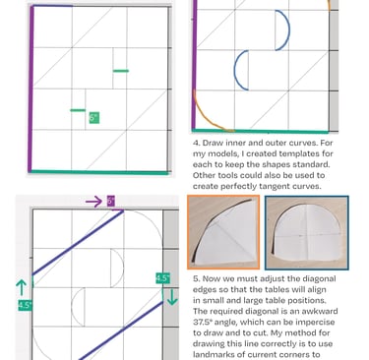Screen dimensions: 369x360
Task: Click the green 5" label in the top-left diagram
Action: (x=94, y=118)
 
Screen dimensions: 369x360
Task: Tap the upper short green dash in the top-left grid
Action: (x=121, y=71)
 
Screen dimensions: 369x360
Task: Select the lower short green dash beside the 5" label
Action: (x=78, y=110)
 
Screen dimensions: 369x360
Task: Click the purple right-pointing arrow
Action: (x=93, y=202)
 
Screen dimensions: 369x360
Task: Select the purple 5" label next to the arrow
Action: (x=111, y=201)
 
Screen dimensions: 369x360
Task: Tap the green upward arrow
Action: (x=22, y=287)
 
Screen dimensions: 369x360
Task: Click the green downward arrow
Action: (x=172, y=297)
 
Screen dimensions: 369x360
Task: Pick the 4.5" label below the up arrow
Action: (x=25, y=305)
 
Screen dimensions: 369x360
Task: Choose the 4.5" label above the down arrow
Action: (x=162, y=278)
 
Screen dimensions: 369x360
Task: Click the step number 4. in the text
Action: (x=196, y=143)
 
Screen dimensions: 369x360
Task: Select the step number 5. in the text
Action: (x=196, y=278)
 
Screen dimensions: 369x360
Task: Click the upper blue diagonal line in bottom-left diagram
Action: (x=78, y=243)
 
